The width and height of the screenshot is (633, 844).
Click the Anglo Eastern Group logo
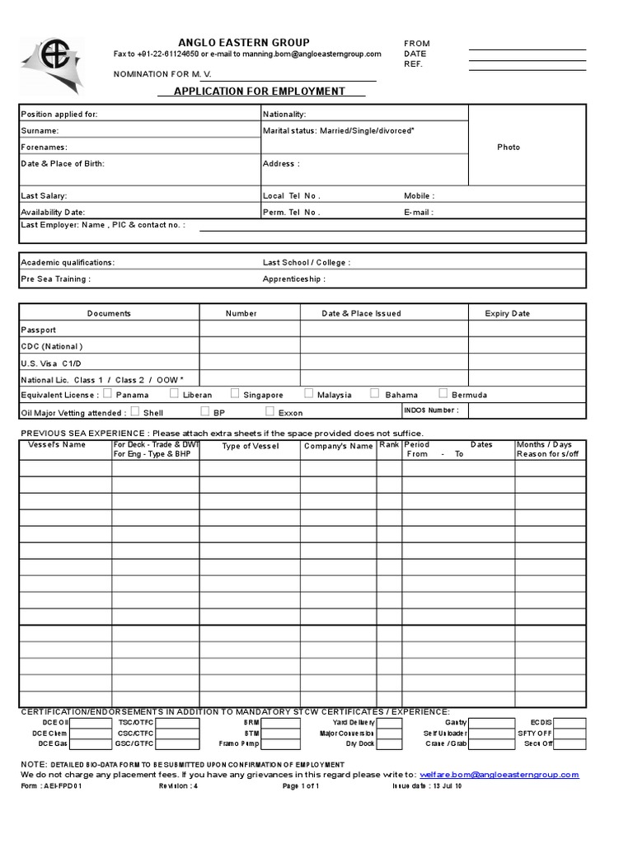[52, 64]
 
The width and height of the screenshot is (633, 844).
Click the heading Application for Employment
[259, 91]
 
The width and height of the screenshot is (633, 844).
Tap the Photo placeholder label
[509, 147]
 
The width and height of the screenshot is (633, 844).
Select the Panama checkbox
[108, 394]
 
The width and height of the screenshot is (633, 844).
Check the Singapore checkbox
[235, 394]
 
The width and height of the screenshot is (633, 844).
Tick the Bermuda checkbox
[443, 394]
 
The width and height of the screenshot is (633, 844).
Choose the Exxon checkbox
[270, 410]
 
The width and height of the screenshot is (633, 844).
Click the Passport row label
[39, 330]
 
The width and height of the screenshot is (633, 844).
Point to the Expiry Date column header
[509, 313]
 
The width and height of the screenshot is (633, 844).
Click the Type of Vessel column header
[251, 446]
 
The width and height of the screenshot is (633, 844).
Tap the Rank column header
[389, 445]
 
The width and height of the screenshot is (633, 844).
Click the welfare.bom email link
[499, 775]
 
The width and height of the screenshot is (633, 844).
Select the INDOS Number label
[431, 410]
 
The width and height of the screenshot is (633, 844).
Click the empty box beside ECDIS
[570, 723]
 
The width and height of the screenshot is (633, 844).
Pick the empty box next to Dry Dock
[390, 743]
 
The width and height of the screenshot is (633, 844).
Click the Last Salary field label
[44, 196]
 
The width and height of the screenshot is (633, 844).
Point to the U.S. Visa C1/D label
[51, 363]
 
